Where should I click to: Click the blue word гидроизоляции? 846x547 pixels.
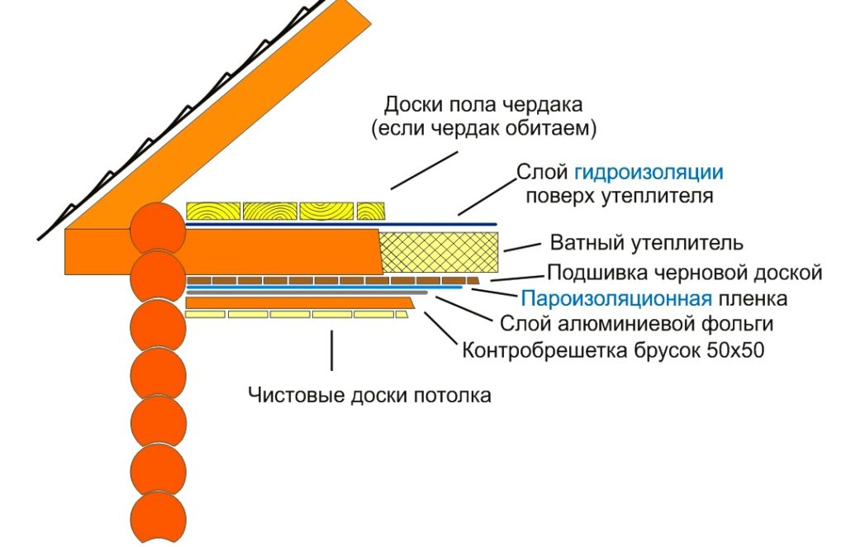649,173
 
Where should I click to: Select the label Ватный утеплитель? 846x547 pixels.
646,244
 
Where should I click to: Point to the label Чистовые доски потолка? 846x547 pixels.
369,395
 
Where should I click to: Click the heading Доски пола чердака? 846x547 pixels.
483,106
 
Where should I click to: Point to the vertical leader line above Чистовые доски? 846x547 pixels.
332,350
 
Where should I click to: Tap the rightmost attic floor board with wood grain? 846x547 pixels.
373,211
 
